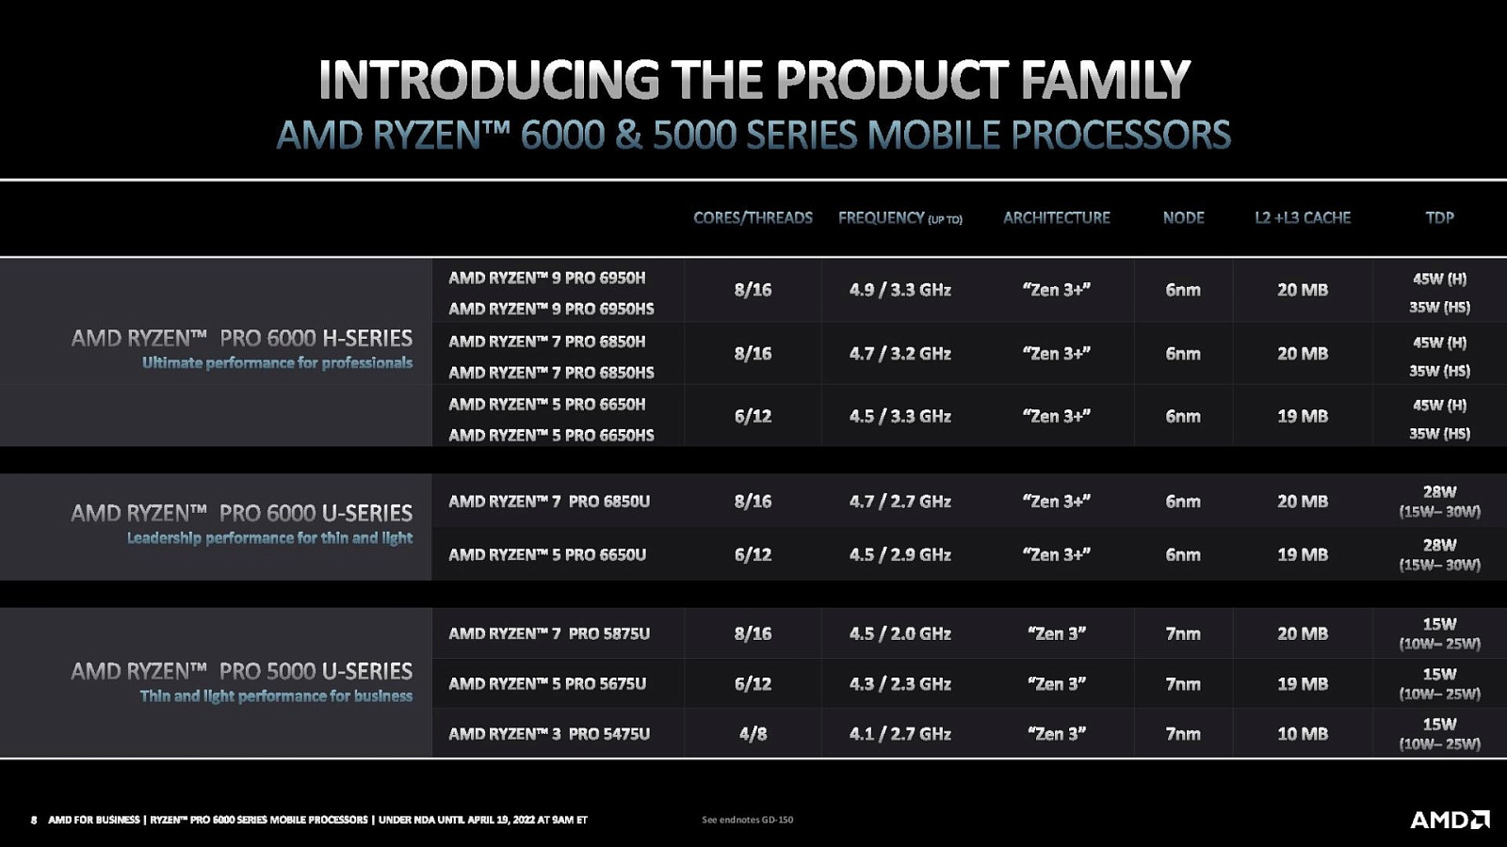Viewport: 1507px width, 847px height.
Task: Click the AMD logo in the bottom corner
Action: click(x=1450, y=820)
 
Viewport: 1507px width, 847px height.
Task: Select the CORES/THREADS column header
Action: click(x=753, y=217)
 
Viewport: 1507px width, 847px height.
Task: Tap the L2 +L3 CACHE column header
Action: click(x=1303, y=217)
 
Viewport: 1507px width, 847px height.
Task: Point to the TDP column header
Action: click(x=1440, y=217)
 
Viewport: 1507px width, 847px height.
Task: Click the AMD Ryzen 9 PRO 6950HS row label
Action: click(x=551, y=309)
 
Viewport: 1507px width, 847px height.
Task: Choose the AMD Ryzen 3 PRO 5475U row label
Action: click(x=549, y=733)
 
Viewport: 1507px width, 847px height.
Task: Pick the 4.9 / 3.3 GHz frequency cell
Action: click(x=900, y=290)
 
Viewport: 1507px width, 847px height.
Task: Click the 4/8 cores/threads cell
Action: click(x=753, y=733)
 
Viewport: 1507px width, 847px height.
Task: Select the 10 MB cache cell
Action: click(x=1303, y=733)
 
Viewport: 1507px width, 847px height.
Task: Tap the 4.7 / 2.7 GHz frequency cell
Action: click(x=900, y=502)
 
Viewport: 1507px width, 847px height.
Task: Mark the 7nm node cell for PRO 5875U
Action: click(x=1183, y=633)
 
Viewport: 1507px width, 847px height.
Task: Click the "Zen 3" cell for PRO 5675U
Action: click(x=1056, y=683)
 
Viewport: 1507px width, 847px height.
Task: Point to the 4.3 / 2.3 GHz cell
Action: click(x=900, y=683)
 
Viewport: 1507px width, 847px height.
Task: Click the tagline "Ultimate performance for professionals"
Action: click(x=277, y=363)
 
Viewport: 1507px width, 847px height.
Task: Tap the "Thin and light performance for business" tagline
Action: click(x=276, y=695)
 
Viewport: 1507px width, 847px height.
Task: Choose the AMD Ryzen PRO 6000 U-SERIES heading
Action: click(x=241, y=514)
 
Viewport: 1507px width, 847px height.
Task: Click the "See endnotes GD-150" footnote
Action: click(x=748, y=820)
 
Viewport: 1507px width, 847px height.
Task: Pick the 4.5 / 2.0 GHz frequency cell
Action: click(x=900, y=633)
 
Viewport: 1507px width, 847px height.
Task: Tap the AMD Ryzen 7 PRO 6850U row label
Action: click(x=549, y=502)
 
